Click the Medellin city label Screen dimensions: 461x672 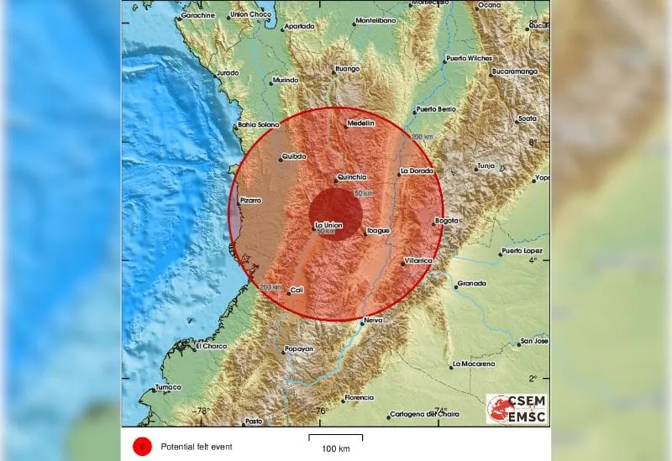pyautogui.click(x=360, y=124)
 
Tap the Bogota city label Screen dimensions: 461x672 pyautogui.click(x=447, y=221)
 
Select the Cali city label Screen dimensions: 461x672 pyautogui.click(x=296, y=291)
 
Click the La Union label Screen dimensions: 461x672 pyautogui.click(x=328, y=225)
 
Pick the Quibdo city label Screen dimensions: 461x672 pyautogui.click(x=293, y=156)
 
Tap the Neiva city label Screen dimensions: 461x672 pyautogui.click(x=372, y=321)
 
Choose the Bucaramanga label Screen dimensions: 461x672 pyautogui.click(x=515, y=71)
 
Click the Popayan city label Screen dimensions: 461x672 pyautogui.click(x=298, y=348)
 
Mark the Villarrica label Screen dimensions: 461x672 pyautogui.click(x=417, y=260)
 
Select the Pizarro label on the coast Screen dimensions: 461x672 pyautogui.click(x=251, y=200)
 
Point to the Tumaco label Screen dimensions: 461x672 pyautogui.click(x=167, y=387)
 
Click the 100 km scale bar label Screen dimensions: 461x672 pyautogui.click(x=334, y=449)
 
